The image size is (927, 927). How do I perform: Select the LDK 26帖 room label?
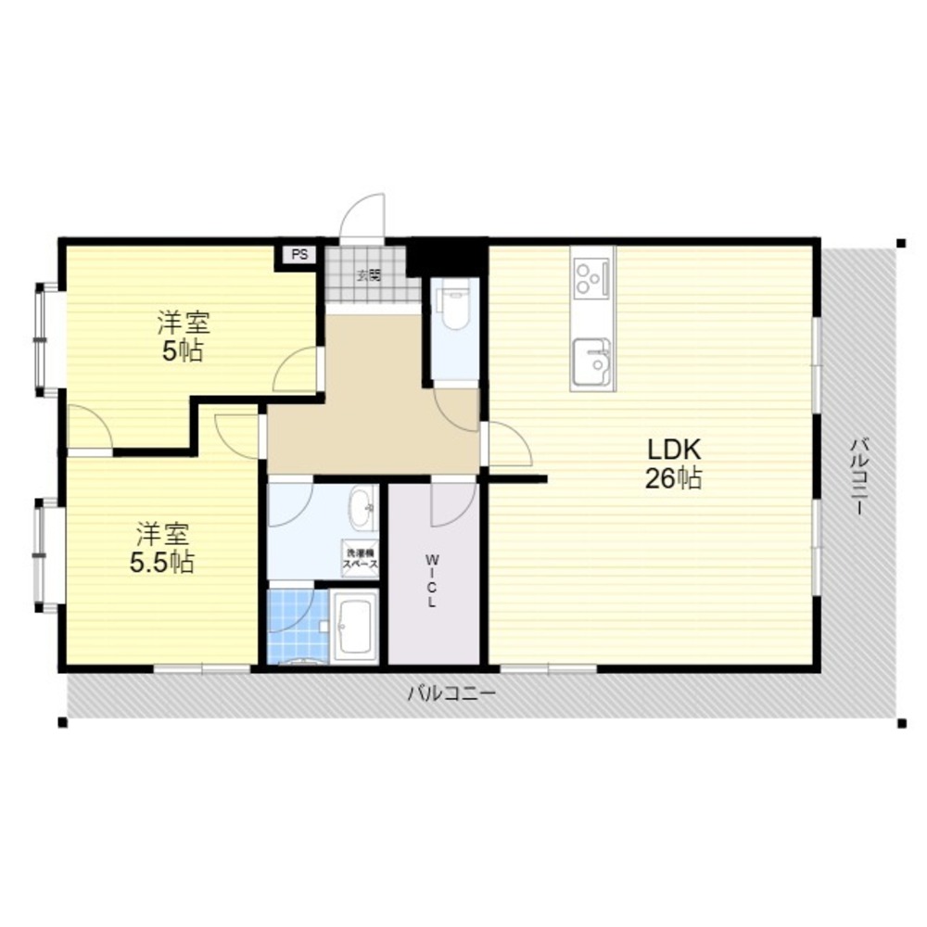coord(673,464)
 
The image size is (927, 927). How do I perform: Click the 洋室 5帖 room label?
coord(183,337)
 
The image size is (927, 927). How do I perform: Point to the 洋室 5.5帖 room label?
coord(162,548)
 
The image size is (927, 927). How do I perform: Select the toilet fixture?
coord(454,311)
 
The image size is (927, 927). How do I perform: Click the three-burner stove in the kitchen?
coord(591,275)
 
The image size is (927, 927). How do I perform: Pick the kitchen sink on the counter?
coord(591,362)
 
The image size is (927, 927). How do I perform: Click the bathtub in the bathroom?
coord(353,629)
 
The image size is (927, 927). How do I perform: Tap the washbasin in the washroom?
coord(362,507)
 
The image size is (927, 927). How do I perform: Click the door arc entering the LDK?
coord(508,445)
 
